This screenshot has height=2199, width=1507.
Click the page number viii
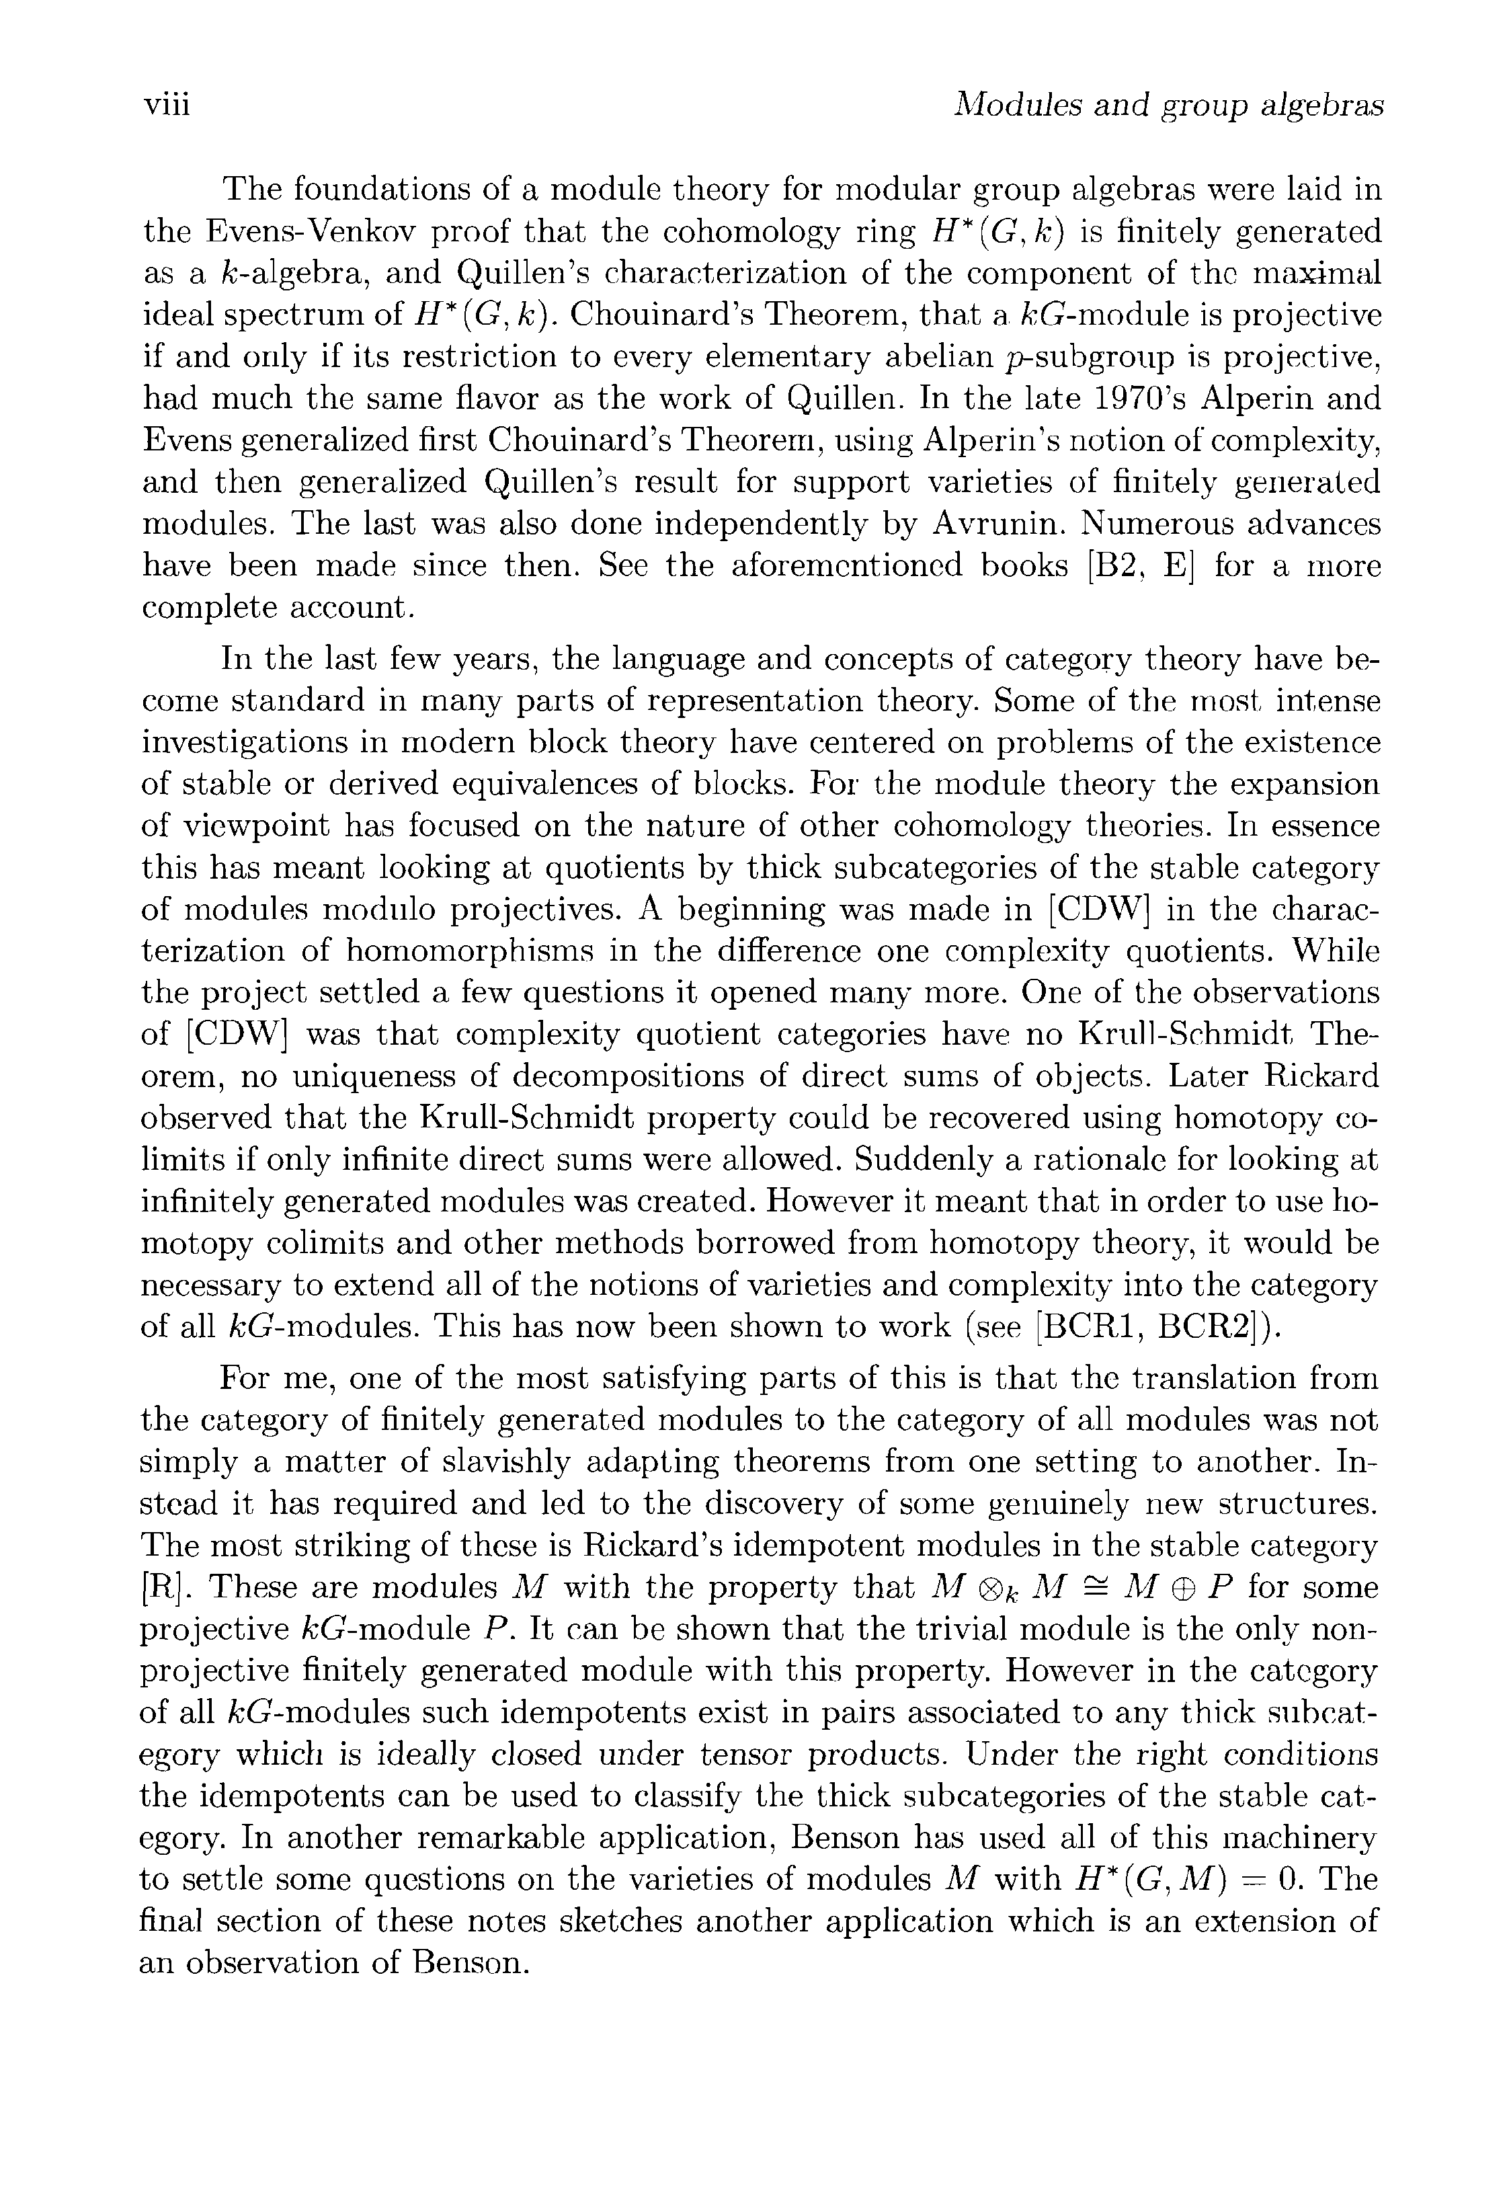pos(167,104)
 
